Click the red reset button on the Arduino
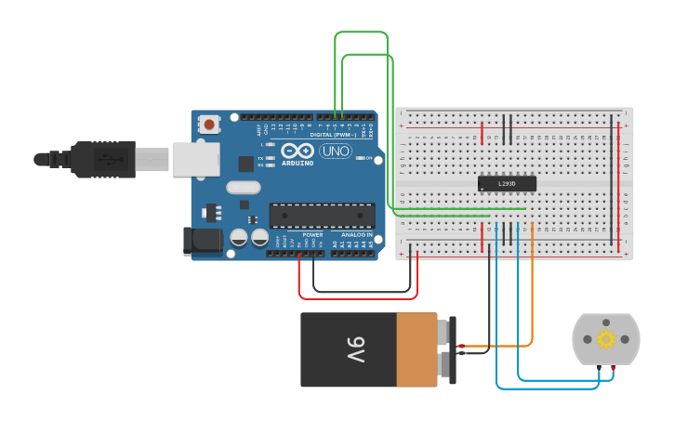tap(209, 124)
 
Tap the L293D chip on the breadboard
tap(507, 183)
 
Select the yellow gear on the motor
tap(606, 339)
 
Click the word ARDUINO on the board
tap(298, 163)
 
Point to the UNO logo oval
tap(336, 151)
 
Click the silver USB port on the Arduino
tap(196, 159)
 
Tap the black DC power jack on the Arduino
tap(203, 241)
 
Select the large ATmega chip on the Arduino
tap(323, 216)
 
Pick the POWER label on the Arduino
tap(312, 235)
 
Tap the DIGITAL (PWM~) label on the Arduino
tap(333, 135)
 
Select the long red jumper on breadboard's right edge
tap(619, 186)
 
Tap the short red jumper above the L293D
tap(482, 133)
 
